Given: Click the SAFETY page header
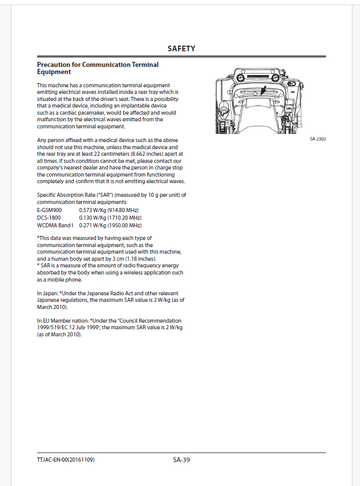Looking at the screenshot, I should tap(181, 49).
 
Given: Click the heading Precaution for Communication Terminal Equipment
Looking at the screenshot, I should tap(97, 68).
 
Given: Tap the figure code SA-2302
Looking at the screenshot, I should tap(317, 138).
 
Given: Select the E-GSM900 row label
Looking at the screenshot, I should tap(49, 210).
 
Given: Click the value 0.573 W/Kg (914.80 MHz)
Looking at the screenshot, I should tap(109, 210).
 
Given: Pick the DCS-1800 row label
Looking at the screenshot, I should tap(49, 218).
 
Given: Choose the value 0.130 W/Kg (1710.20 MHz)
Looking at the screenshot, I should tap(110, 218).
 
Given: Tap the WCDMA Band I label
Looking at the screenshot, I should tap(55, 225).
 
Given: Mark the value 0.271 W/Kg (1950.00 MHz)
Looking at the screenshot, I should tap(110, 225).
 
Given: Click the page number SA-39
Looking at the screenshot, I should tap(181, 460).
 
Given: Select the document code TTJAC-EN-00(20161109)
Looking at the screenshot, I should tap(66, 460).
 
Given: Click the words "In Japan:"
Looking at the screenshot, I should tap(48, 294).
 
